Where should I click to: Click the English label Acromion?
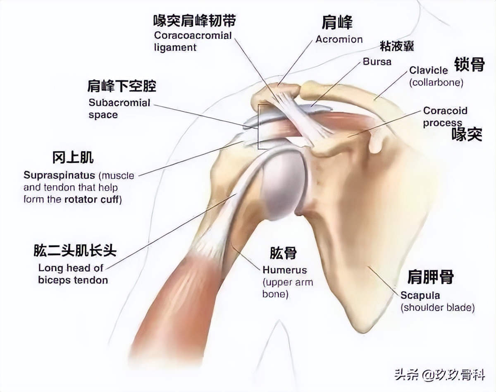tap(339, 39)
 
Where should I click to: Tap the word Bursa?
tap(377, 62)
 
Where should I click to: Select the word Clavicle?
tap(429, 70)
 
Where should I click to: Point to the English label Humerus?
tap(285, 270)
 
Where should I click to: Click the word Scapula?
tap(420, 296)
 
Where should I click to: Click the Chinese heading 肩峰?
tap(338, 23)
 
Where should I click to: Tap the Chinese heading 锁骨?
tap(469, 65)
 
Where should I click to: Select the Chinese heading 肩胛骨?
tap(430, 277)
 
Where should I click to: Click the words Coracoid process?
tap(445, 117)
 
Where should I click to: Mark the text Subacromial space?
tap(119, 108)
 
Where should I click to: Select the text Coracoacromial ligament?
tap(193, 41)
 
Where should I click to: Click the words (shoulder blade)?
tap(437, 308)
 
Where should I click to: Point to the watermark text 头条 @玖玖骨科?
tap(439, 375)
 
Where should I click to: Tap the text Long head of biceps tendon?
tap(73, 274)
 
